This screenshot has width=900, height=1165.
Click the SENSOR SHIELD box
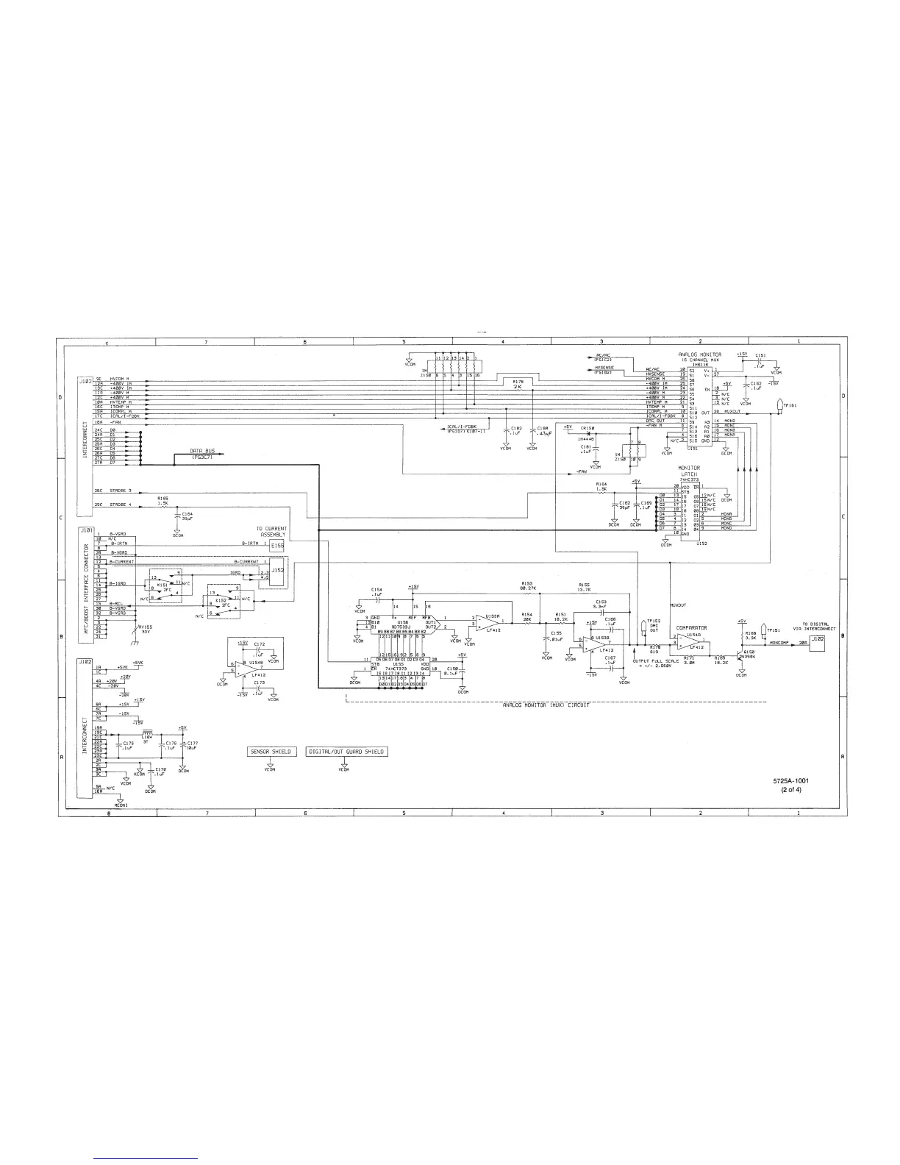[270, 752]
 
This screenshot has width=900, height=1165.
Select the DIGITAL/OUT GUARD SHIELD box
[346, 752]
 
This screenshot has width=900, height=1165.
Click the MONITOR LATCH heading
[688, 470]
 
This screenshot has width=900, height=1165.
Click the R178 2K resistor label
[519, 384]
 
